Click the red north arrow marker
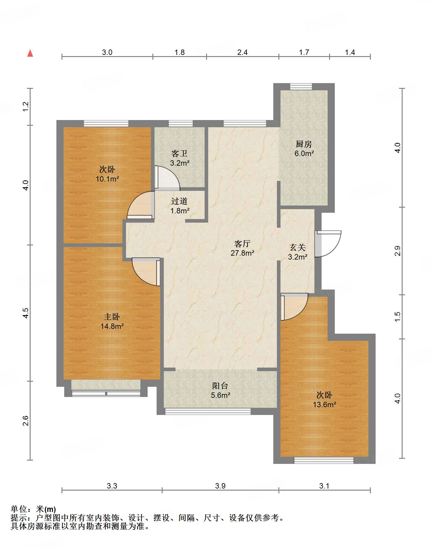[30, 53]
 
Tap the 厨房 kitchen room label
[304, 144]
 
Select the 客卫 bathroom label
[179, 154]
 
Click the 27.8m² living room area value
[242, 253]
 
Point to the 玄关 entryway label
[298, 247]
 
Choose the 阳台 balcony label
[220, 386]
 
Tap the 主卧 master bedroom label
[112, 317]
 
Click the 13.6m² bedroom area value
[324, 404]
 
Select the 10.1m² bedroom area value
[107, 179]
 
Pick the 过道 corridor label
[179, 201]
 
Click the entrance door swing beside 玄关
[328, 244]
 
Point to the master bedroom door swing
[146, 272]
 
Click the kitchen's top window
[301, 86]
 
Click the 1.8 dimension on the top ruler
[179, 53]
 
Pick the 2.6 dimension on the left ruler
[26, 421]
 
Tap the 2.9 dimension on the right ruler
[397, 251]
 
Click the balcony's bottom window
[208, 411]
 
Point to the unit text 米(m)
[46, 509]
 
